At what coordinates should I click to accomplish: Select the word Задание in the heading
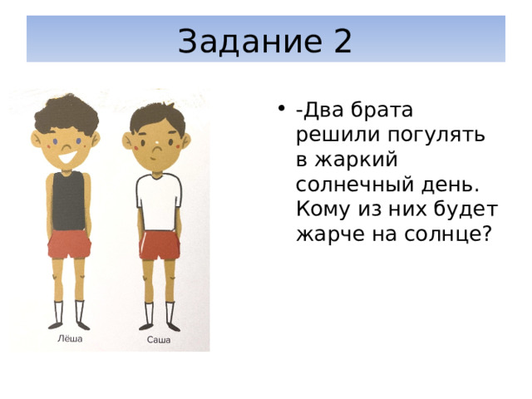249,42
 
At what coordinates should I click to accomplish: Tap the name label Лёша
70,338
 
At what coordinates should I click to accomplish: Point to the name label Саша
159,340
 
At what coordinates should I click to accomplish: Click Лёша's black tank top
68,201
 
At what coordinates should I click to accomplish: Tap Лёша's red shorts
69,244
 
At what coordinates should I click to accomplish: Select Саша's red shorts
159,245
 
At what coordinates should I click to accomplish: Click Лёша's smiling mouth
67,158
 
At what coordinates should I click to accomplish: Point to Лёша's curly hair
66,114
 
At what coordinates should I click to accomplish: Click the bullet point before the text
281,109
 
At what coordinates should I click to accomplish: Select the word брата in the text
382,110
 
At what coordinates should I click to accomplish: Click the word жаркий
356,160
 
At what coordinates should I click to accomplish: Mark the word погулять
436,135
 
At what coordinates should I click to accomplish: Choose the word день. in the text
451,185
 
